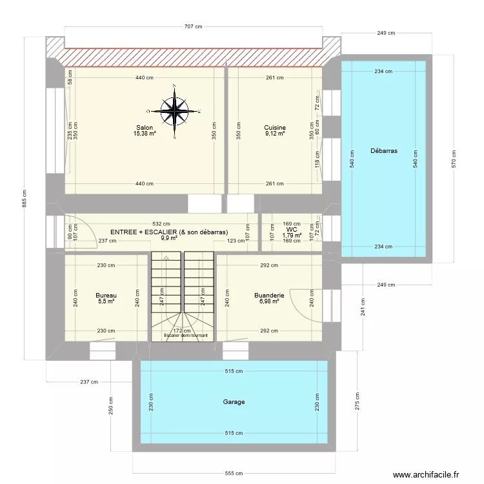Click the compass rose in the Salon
tap(175, 110)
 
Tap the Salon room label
tap(145, 127)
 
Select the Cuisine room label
tap(275, 127)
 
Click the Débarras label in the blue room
tap(384, 151)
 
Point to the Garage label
tap(234, 402)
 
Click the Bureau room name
tap(106, 295)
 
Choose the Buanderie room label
tap(269, 295)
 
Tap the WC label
tap(292, 229)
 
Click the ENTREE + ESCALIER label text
tap(169, 232)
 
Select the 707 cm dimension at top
tap(194, 26)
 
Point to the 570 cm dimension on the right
tap(454, 160)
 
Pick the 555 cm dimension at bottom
tap(234, 473)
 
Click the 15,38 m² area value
tap(145, 134)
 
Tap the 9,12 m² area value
tap(275, 134)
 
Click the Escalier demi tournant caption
tap(186, 336)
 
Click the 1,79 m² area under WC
tap(292, 236)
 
